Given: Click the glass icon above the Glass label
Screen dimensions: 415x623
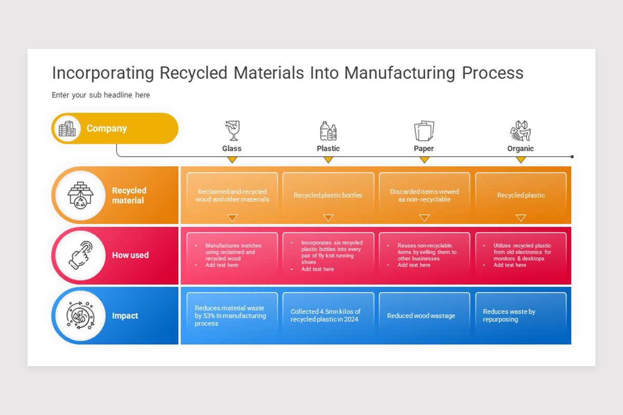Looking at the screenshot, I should (x=232, y=131).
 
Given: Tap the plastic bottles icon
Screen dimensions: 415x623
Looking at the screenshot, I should (x=328, y=131).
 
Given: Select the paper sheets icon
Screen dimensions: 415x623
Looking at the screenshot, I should (x=424, y=131).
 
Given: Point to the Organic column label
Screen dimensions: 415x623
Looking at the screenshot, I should (x=520, y=148).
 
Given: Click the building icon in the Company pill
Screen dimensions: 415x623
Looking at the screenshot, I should (x=67, y=129).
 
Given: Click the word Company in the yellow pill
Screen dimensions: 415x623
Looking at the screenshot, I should (x=106, y=129).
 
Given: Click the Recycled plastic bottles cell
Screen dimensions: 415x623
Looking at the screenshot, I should (x=328, y=196).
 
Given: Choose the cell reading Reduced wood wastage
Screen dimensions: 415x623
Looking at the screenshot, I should (x=424, y=315).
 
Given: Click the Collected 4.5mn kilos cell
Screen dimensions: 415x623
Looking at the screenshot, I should (x=328, y=315).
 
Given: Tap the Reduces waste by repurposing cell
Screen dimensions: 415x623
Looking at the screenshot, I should (x=520, y=315).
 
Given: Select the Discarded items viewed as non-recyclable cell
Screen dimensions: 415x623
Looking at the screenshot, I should (x=424, y=196).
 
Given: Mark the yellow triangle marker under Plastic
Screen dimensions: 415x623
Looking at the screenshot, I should (x=328, y=160).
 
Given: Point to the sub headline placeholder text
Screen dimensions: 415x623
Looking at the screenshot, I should (x=101, y=95).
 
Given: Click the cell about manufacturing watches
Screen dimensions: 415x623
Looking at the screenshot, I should (x=232, y=255).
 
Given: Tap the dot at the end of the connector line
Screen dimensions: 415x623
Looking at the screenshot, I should (x=572, y=156).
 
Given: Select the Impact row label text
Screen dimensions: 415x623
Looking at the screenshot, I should (x=125, y=316).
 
